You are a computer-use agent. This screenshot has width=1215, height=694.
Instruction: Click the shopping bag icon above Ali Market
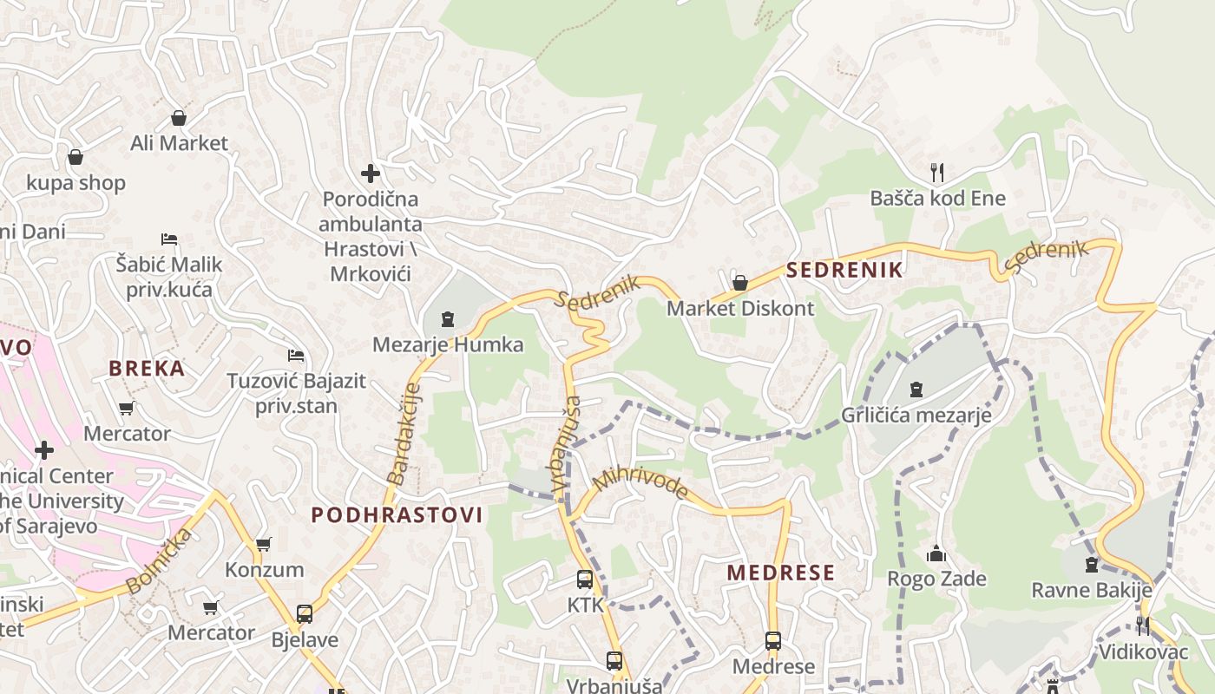pyautogui.click(x=179, y=118)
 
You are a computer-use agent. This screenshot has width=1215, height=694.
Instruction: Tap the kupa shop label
pyautogui.click(x=76, y=183)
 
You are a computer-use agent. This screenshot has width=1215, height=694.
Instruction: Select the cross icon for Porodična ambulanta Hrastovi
pyautogui.click(x=371, y=173)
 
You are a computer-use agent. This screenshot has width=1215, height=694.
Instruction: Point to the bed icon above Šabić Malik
pyautogui.click(x=169, y=239)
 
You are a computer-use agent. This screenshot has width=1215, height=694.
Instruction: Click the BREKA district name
pyautogui.click(x=147, y=368)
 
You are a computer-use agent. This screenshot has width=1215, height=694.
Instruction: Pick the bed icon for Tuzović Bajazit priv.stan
pyautogui.click(x=296, y=356)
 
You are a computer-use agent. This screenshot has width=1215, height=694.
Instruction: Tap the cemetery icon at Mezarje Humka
pyautogui.click(x=448, y=320)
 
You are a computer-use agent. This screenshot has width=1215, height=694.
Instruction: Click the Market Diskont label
pyautogui.click(x=740, y=308)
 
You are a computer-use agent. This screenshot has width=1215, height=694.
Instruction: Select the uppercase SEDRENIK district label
pyautogui.click(x=844, y=270)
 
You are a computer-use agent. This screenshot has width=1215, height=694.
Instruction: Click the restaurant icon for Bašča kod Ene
pyautogui.click(x=936, y=172)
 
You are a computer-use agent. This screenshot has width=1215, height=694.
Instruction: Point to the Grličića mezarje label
pyautogui.click(x=916, y=416)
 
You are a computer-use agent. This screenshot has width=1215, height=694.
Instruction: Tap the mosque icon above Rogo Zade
pyautogui.click(x=936, y=553)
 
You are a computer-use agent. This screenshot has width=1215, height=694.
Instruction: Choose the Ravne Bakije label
pyautogui.click(x=1091, y=591)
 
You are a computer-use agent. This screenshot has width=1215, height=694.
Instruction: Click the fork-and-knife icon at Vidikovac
pyautogui.click(x=1143, y=625)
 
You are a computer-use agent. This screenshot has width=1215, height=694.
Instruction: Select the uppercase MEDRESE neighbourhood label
pyautogui.click(x=780, y=573)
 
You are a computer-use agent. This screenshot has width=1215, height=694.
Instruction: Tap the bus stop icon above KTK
pyautogui.click(x=585, y=579)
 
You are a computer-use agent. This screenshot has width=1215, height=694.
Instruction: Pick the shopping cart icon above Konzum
pyautogui.click(x=264, y=545)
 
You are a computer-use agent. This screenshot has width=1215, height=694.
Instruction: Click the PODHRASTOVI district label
pyautogui.click(x=397, y=514)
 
